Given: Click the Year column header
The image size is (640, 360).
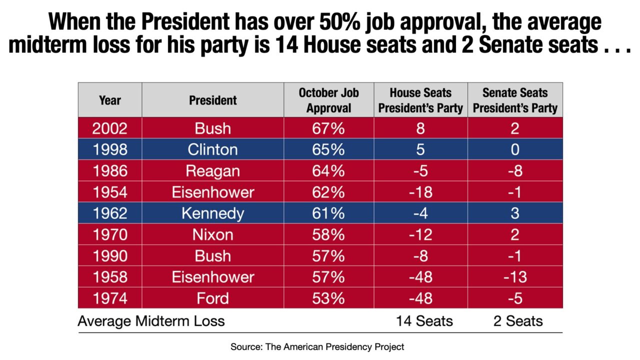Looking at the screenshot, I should [x=110, y=100].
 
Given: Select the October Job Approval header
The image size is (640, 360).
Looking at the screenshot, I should [x=328, y=100].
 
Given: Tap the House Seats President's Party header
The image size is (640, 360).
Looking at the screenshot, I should [x=420, y=100].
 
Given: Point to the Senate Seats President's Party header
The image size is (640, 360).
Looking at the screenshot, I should [x=515, y=100].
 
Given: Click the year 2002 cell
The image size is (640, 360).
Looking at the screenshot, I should [x=110, y=128].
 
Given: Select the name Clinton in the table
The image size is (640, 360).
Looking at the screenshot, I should [x=213, y=149].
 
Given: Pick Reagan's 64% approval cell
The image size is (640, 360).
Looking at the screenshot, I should [x=328, y=171].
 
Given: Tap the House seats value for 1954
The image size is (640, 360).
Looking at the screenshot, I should [x=420, y=192].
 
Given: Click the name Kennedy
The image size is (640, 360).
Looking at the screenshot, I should [x=213, y=213].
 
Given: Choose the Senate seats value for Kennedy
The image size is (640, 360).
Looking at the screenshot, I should [x=515, y=213].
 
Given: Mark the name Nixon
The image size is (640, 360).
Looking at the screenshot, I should [x=213, y=234].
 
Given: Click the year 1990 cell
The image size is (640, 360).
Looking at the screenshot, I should [x=110, y=256].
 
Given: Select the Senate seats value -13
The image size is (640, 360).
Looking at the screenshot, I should [x=515, y=277].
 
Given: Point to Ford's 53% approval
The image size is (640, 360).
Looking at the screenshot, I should [x=328, y=298].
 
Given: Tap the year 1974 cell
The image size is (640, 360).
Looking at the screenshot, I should [x=110, y=298].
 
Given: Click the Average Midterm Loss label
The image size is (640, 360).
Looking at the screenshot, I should [x=151, y=320].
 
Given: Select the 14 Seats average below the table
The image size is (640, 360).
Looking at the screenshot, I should [x=424, y=320].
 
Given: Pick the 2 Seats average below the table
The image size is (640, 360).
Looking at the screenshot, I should [x=518, y=320].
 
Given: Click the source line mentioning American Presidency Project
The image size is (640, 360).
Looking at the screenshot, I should [x=317, y=346].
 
